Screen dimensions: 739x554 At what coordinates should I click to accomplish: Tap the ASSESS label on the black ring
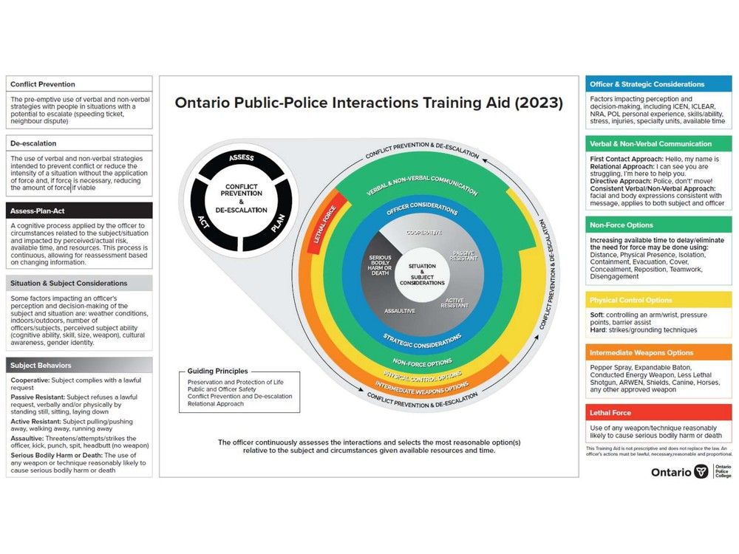[x=242, y=158]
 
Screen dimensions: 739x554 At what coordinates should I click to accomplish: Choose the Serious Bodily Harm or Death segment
[x=379, y=263]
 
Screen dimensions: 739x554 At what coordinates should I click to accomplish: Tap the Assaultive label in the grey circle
[x=399, y=311]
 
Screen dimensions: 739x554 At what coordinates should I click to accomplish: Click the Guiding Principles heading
[x=218, y=371]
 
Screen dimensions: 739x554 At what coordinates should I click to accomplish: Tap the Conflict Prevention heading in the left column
[x=43, y=84]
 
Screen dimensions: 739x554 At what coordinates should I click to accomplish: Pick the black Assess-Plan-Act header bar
[x=79, y=210]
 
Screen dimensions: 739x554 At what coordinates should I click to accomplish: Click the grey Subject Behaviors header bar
[x=79, y=365]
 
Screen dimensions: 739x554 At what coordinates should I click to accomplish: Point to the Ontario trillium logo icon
[x=701, y=471]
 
